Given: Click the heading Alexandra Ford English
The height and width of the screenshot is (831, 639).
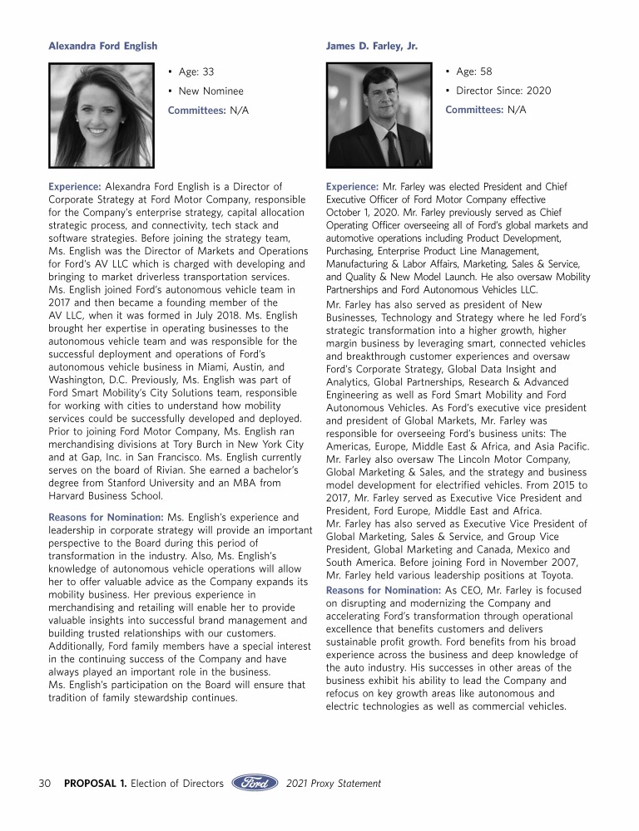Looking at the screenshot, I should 102,46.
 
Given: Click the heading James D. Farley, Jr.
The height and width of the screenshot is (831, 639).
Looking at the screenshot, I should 371,46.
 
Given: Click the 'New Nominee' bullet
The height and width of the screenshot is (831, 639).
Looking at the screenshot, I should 211,91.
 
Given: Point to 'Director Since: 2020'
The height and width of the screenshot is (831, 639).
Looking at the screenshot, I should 503,91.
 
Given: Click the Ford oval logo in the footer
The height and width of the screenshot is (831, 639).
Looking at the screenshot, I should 255,783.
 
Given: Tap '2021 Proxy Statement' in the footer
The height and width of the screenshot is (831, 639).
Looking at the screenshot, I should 333,783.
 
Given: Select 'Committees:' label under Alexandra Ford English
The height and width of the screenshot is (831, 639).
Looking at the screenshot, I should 196,110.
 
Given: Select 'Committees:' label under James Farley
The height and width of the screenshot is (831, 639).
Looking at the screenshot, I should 474,110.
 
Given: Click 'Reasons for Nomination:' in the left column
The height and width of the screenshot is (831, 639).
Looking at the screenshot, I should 106,518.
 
